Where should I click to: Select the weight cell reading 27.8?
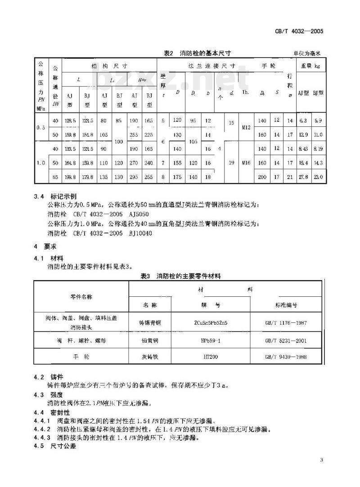[x=303, y=178]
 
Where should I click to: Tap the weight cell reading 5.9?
[x=318, y=121]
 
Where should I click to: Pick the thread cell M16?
[x=246, y=162]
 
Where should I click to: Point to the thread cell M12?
[x=246, y=127]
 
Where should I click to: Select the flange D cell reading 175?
[x=178, y=178]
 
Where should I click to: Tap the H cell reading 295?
[x=135, y=178]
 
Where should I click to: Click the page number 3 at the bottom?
[x=321, y=460]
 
